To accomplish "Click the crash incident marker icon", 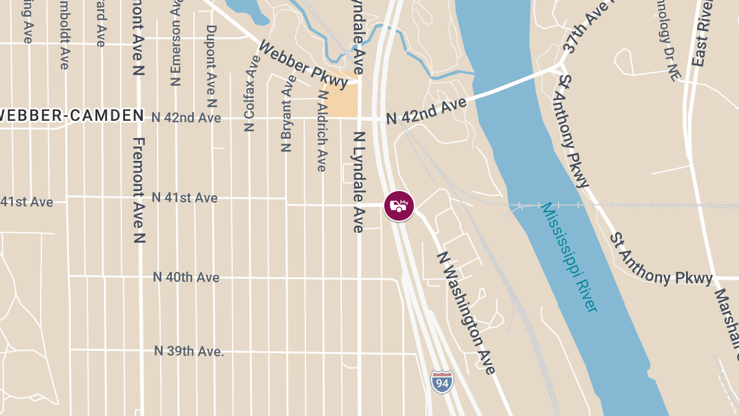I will pyautogui.click(x=399, y=206).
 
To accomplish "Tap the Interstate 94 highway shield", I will pyautogui.click(x=442, y=382).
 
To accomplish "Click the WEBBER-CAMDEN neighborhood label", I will pyautogui.click(x=71, y=115).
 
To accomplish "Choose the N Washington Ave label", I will pyautogui.click(x=466, y=312).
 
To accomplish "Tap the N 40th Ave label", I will pyautogui.click(x=186, y=277).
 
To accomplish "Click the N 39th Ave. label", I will pyautogui.click(x=188, y=351).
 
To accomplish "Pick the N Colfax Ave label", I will pyautogui.click(x=250, y=92).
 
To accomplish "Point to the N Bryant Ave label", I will pyautogui.click(x=286, y=114).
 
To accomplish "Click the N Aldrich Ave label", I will pyautogui.click(x=321, y=129).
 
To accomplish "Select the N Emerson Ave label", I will pyautogui.click(x=176, y=43).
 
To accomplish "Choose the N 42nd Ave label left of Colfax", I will pyautogui.click(x=186, y=118).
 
